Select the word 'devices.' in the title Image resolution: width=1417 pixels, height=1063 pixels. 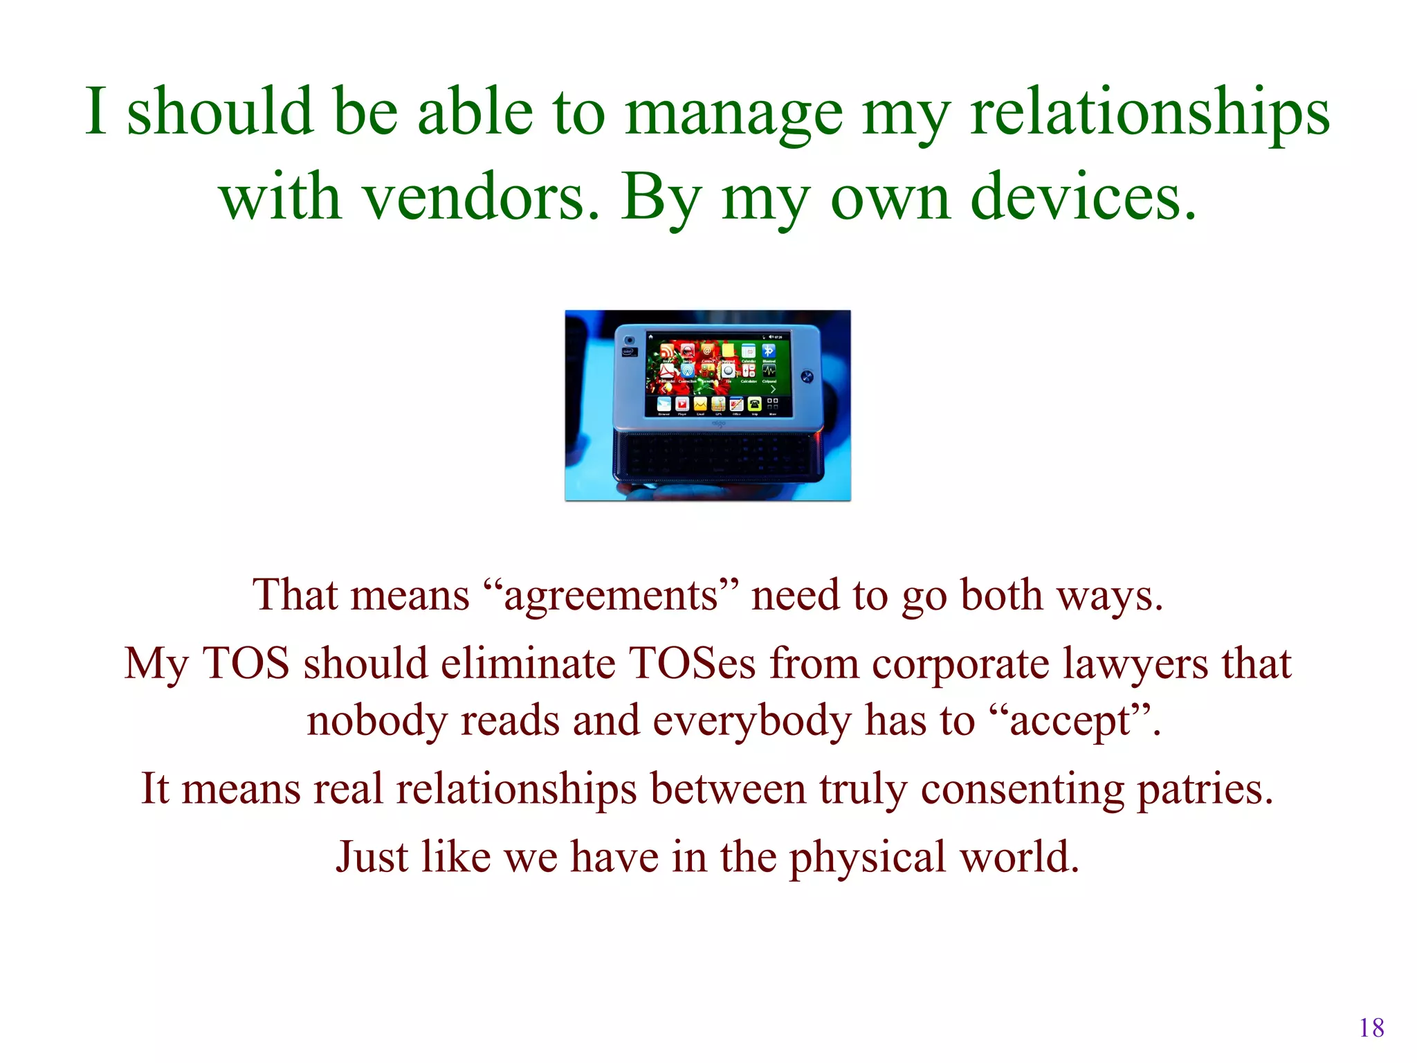pyautogui.click(x=1084, y=199)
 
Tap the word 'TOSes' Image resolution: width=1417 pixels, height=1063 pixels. pyautogui.click(x=692, y=664)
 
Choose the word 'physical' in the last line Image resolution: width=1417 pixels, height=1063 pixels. pyautogui.click(x=867, y=857)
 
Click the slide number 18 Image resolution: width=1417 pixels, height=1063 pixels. pyautogui.click(x=1371, y=1028)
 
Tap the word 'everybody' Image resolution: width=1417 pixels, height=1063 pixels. pyautogui.click(x=752, y=721)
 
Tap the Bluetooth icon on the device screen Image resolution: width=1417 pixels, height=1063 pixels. pyautogui.click(x=769, y=351)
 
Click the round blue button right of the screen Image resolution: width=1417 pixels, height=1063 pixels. pyautogui.click(x=806, y=376)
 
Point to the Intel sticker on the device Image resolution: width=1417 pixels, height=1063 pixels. pyautogui.click(x=628, y=352)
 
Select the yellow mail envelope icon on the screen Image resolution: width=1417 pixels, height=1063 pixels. pyautogui.click(x=700, y=403)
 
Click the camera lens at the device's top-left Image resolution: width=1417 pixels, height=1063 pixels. pyautogui.click(x=629, y=340)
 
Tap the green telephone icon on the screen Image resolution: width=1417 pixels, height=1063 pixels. pyautogui.click(x=754, y=404)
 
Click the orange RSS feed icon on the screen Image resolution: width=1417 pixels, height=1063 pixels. pyautogui.click(x=666, y=352)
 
